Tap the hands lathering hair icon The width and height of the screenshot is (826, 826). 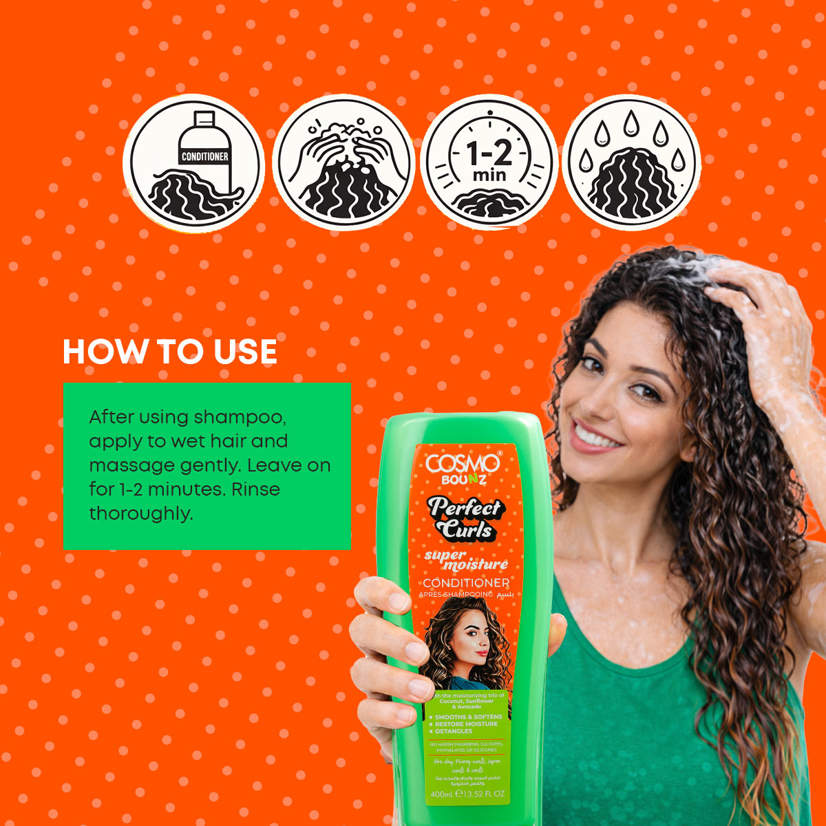(x=343, y=164)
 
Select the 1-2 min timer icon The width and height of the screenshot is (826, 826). (x=489, y=164)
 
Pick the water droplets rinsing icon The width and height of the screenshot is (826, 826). (x=631, y=164)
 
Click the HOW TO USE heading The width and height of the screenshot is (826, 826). (x=170, y=352)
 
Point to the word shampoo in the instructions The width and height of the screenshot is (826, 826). (x=239, y=417)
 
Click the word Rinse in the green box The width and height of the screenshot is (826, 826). (x=255, y=489)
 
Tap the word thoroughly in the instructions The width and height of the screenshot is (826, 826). (x=140, y=513)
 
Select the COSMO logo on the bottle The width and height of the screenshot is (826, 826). (x=463, y=463)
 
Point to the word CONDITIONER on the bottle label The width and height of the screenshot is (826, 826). (x=466, y=584)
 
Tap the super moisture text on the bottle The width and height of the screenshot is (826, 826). (x=466, y=560)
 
